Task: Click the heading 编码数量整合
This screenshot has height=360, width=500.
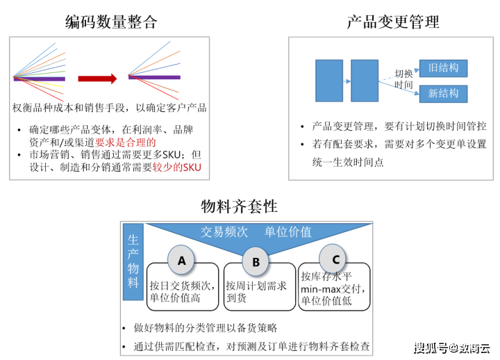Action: point(112,22)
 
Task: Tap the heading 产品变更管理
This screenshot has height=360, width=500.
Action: point(393,22)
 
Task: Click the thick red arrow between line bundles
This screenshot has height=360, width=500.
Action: point(98,79)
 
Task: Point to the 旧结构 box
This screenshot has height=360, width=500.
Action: point(443,68)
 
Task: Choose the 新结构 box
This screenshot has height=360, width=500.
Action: point(443,94)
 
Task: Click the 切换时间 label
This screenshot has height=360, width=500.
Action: point(404,79)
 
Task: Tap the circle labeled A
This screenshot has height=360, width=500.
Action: point(182,261)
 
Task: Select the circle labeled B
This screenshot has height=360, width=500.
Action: point(256,262)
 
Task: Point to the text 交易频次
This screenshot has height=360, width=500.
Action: point(224,232)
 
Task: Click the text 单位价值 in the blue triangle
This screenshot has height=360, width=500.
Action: point(287,232)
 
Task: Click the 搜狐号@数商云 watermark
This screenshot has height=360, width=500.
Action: point(451,347)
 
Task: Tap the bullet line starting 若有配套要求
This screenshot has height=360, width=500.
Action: point(398,144)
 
